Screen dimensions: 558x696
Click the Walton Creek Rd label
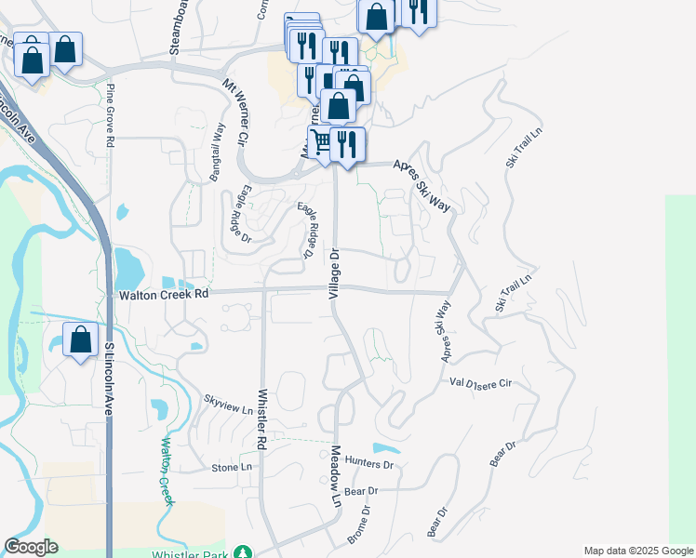coord(163,295)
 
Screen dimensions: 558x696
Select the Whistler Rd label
coord(263,421)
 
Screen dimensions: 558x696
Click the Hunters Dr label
coord(368,463)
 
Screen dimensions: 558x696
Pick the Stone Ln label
coord(232,467)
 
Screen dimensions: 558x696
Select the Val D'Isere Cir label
coord(481,382)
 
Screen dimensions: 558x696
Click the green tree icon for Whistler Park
coord(243,552)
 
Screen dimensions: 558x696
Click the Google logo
coord(31,547)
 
